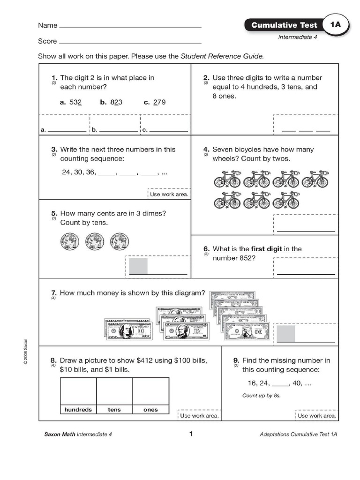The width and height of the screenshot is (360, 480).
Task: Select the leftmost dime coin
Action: click(69, 242)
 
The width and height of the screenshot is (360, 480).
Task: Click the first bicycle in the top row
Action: click(227, 179)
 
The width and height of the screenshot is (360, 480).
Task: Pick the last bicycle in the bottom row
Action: click(285, 200)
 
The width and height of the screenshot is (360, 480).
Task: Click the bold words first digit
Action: click(267, 249)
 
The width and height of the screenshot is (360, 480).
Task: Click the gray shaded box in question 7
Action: click(286, 334)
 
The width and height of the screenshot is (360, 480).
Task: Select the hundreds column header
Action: click(78, 410)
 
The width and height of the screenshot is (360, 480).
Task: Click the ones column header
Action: click(150, 410)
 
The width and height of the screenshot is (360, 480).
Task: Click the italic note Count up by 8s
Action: click(264, 396)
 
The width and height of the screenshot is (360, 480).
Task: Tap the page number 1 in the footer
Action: click(191, 434)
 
